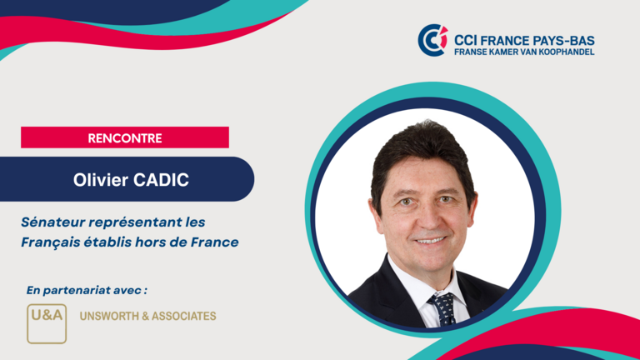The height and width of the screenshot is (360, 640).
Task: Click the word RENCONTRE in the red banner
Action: point(125,138)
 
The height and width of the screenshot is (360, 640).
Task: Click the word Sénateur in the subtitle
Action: point(53,222)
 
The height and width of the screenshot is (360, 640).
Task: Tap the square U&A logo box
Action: point(47,323)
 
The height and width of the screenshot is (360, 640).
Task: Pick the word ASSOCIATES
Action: point(184,317)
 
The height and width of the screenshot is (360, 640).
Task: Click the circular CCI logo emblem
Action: point(432,40)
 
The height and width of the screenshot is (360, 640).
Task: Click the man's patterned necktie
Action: point(442,309)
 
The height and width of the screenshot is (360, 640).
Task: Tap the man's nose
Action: point(427,218)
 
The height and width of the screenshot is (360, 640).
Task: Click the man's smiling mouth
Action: point(429,240)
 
